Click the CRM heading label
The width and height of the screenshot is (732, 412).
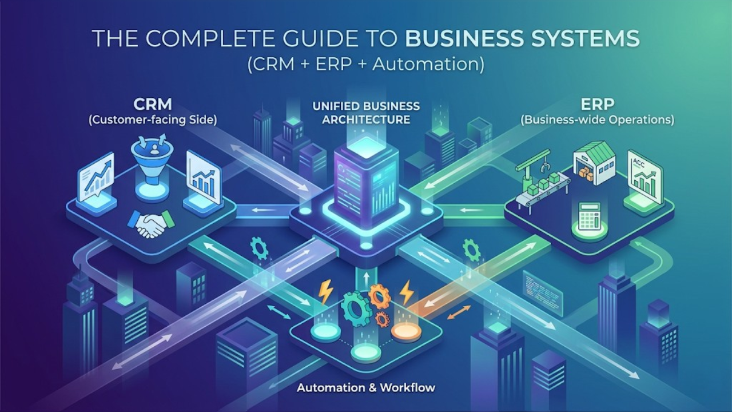[153, 105]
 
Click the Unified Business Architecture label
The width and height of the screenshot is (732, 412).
[366, 113]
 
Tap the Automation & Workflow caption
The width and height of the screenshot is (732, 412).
[366, 388]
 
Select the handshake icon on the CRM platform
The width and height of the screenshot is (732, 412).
[151, 223]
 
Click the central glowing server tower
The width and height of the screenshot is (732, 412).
[365, 177]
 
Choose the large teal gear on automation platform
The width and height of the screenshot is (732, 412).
[356, 310]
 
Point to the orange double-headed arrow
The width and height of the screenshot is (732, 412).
[458, 313]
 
